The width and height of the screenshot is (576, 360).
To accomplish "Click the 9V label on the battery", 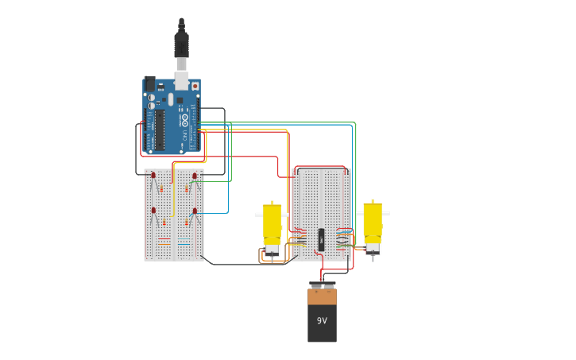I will click(x=322, y=320).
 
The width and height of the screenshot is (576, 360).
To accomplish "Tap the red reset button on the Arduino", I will click(x=195, y=85).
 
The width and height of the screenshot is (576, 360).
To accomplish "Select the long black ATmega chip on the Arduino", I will click(x=160, y=130).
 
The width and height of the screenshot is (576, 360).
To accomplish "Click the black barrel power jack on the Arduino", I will click(x=149, y=83).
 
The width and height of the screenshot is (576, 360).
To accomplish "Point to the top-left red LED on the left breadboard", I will click(x=153, y=176).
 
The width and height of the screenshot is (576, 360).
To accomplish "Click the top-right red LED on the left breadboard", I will click(x=195, y=176).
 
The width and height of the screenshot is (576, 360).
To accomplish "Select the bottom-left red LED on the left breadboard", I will click(x=153, y=211).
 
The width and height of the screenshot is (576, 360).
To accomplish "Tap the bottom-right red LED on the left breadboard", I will click(x=195, y=211).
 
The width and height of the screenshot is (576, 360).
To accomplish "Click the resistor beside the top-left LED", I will click(x=161, y=189).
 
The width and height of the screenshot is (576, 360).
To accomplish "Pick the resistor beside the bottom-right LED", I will click(x=187, y=224).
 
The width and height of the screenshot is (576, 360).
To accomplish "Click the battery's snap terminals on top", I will click(x=322, y=285).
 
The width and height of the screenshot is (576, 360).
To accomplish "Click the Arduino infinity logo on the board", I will click(x=185, y=120).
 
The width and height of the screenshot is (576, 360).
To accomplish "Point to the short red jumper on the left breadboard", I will click(x=164, y=238).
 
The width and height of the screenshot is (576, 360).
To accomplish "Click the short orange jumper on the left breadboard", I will click(x=184, y=238).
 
